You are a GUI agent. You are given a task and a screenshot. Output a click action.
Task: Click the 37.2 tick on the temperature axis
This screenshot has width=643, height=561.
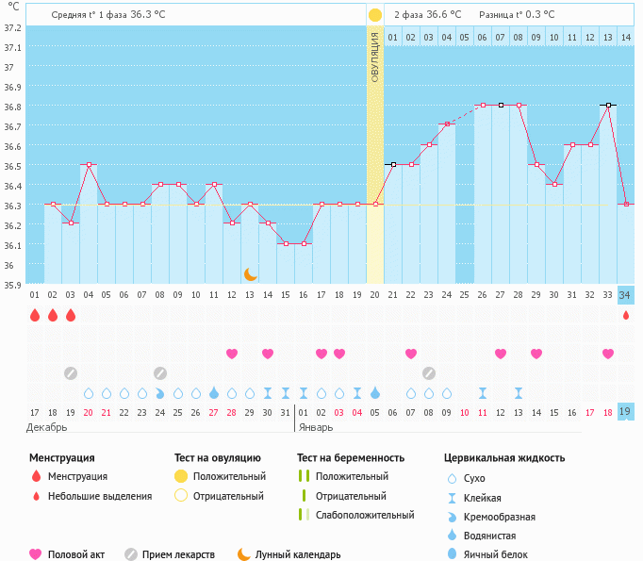click(12, 27)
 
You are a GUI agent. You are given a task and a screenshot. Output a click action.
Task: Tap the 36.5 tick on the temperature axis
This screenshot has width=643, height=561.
click(12, 165)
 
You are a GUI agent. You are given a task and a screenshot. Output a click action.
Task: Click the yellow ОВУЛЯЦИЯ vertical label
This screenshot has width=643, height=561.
click(375, 58)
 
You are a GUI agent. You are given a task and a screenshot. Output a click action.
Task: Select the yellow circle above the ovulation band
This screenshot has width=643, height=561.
click(375, 15)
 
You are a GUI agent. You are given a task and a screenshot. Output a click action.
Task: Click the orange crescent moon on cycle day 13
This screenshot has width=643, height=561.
click(250, 274)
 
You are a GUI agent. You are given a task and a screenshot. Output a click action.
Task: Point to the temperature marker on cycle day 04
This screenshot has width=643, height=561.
click(89, 165)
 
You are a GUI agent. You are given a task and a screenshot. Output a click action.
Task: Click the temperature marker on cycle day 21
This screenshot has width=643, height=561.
click(393, 165)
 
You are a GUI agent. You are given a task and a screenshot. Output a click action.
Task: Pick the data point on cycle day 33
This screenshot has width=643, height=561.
click(609, 106)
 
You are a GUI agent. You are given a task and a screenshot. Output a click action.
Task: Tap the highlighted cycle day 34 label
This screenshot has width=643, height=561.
click(626, 295)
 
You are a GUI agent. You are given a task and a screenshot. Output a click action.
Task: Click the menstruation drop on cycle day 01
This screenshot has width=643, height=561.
click(35, 315)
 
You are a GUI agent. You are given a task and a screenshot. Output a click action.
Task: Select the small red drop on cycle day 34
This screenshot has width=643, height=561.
click(626, 315)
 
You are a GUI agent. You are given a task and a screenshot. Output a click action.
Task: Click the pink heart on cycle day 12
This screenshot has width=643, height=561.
click(232, 354)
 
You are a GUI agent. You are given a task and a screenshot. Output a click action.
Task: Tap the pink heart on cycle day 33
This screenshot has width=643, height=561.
click(608, 354)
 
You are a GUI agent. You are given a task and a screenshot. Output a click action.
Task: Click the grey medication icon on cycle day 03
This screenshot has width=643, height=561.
click(71, 372)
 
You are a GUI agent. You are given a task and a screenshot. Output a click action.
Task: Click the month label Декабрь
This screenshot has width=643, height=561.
click(47, 427)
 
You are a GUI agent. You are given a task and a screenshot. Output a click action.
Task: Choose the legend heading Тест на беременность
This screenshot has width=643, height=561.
click(356, 457)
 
